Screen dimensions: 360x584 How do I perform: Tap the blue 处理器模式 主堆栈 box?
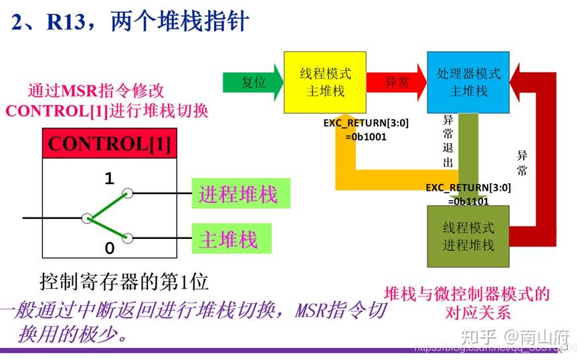click(468, 82)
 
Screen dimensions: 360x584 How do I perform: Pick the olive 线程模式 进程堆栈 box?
click(468, 236)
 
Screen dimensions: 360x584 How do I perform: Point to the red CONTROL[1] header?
click(109, 144)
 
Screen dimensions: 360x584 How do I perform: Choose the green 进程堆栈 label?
click(238, 195)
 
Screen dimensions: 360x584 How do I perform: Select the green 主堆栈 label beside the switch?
click(228, 239)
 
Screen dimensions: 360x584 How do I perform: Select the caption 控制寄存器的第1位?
click(124, 282)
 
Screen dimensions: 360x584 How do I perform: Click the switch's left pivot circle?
click(86, 218)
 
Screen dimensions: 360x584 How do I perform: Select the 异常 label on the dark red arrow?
click(522, 163)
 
